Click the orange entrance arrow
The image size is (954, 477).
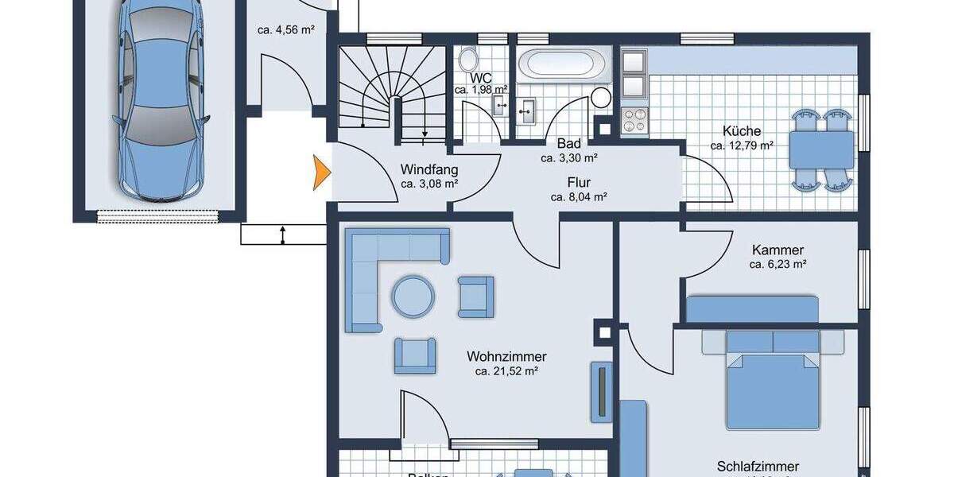click(320, 173)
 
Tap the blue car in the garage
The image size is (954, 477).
click(158, 99)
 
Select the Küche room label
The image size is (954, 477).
click(742, 131)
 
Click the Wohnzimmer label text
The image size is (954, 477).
click(506, 357)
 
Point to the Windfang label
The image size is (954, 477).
click(429, 169)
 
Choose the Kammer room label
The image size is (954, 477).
click(778, 250)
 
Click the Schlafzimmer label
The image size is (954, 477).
click(757, 467)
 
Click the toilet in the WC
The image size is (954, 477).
click(468, 59)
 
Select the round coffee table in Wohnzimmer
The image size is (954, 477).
click(413, 297)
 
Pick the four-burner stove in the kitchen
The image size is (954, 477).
click(635, 120)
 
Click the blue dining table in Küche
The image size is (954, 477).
click(821, 149)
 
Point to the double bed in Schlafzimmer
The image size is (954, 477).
click(772, 378)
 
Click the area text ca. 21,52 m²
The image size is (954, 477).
click(506, 371)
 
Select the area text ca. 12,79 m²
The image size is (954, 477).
click(742, 145)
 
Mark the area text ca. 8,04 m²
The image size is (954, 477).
click(579, 196)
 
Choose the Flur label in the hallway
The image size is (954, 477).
click(579, 182)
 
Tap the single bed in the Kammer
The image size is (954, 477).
click(751, 308)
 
